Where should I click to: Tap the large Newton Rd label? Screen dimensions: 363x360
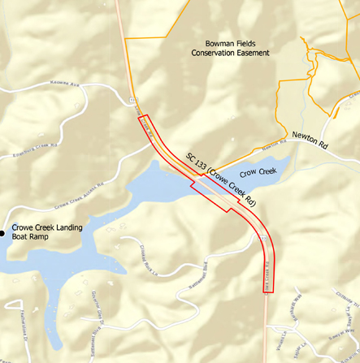(310, 139)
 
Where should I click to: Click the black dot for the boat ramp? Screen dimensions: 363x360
(2, 234)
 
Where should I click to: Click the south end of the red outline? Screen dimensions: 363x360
(271, 291)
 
